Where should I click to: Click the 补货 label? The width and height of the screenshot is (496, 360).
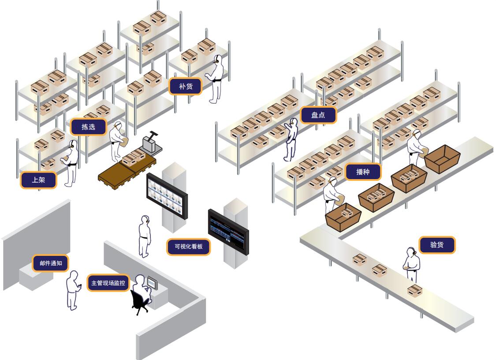pos(186,86)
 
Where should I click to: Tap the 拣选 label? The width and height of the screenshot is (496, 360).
pos(89,127)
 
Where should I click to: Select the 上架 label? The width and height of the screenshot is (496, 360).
pos(38,180)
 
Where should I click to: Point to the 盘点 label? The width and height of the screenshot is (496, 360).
pos(318,115)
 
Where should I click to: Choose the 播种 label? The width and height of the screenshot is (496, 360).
pos(363,172)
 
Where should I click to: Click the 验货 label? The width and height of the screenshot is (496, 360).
pos(436,245)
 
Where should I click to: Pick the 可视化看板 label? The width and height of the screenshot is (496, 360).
pos(188,247)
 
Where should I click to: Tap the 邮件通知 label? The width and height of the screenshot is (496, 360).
pos(51,263)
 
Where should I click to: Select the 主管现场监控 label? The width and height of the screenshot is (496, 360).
pos(108,283)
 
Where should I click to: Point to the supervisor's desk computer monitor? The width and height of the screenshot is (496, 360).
pos(152,283)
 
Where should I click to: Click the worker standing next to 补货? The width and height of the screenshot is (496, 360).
pos(216,79)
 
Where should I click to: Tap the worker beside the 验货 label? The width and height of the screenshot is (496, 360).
pos(412,265)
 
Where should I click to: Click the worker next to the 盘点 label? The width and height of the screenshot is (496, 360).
pos(291,139)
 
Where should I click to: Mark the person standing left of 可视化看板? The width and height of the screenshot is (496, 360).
pos(145,236)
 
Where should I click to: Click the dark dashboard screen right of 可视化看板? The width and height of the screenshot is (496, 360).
pos(228,231)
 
